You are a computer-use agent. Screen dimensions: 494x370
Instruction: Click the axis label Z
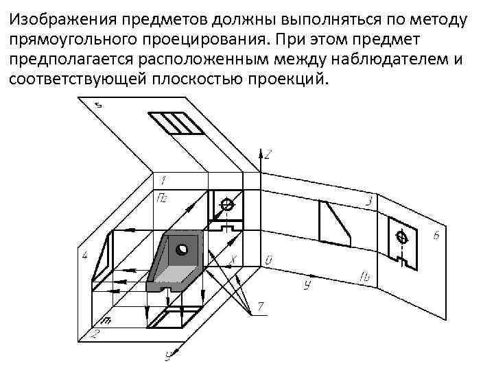tap(268, 155)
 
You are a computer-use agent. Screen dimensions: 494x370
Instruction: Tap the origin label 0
tap(269, 260)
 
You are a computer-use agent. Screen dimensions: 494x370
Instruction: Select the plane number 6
tap(436, 236)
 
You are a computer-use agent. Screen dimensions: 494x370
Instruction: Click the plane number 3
tap(368, 201)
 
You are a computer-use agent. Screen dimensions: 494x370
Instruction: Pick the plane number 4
tap(84, 256)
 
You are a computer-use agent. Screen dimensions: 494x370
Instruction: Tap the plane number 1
tap(162, 180)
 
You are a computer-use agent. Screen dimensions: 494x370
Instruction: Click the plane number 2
tap(95, 334)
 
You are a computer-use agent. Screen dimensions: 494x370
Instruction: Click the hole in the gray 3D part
tap(182, 249)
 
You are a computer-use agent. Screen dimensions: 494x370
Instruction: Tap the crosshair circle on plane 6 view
tap(403, 237)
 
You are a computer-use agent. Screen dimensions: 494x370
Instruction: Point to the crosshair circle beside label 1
tap(227, 204)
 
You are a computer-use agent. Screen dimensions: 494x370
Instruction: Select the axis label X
tap(233, 260)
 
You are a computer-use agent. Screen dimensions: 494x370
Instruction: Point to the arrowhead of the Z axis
tap(259, 149)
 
